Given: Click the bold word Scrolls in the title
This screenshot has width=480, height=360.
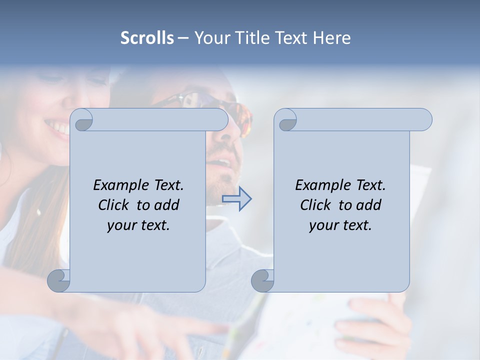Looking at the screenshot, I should pyautogui.click(x=147, y=38).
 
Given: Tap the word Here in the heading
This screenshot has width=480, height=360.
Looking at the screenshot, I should pyautogui.click(x=331, y=38).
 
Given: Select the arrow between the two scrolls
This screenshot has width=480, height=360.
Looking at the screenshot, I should pyautogui.click(x=236, y=199).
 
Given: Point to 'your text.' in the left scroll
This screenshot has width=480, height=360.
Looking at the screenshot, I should pyautogui.click(x=138, y=225).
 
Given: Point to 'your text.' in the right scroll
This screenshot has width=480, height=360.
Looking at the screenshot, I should pyautogui.click(x=340, y=225).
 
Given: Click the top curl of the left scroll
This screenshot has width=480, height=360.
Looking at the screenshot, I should pyautogui.click(x=82, y=120).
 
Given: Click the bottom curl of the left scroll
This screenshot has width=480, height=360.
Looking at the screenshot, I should pyautogui.click(x=59, y=280).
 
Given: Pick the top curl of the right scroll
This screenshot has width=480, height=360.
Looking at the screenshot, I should pyautogui.click(x=286, y=120).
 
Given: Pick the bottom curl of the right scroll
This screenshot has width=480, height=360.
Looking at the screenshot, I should pyautogui.click(x=262, y=280).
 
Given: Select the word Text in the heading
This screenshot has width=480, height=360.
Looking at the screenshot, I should pyautogui.click(x=290, y=38).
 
